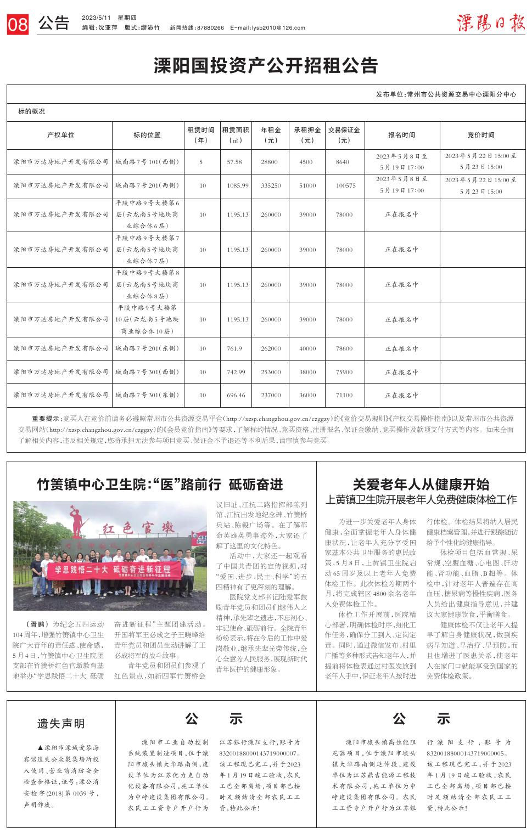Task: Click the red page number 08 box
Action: [x=18, y=25]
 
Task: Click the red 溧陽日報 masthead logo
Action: [x=490, y=24]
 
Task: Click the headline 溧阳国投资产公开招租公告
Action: [x=266, y=66]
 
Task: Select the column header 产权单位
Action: [x=60, y=135]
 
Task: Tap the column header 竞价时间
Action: [x=480, y=135]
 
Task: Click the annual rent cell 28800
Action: [x=270, y=162]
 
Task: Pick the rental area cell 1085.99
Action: [x=237, y=186]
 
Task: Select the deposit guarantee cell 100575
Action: [x=345, y=186]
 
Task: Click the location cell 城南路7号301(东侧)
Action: [x=147, y=395]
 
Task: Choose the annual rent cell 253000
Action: [x=271, y=372]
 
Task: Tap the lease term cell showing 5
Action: [x=201, y=162]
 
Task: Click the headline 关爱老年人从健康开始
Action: [x=421, y=484]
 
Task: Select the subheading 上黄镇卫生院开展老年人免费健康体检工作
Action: [x=421, y=500]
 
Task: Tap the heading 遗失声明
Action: [x=61, y=724]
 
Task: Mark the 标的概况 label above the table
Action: [x=32, y=111]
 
